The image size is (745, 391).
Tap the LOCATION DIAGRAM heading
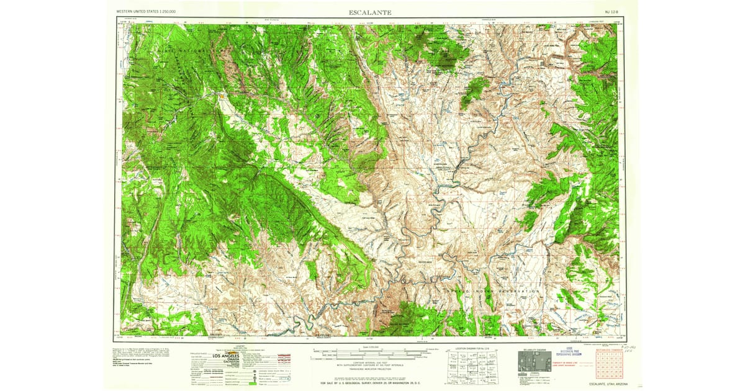(470, 349)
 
